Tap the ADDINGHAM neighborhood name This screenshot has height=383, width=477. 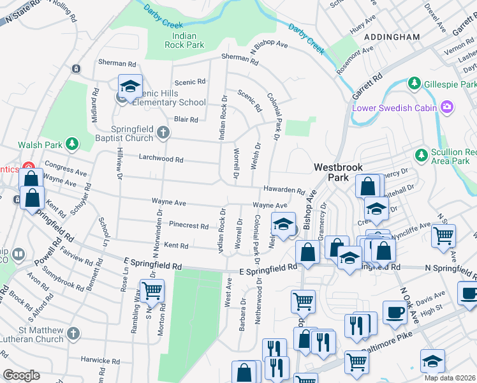392,38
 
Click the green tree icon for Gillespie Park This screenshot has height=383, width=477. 415,84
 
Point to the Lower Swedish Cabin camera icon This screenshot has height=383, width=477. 448,106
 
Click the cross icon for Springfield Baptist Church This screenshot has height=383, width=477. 163,132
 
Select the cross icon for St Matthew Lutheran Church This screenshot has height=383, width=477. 73,333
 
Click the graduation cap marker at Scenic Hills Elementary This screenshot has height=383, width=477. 129,87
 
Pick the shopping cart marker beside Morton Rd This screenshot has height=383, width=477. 152,290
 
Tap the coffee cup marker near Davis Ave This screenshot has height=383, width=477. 395,312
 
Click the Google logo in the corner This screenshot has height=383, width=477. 21,375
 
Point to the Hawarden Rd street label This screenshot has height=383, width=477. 283,190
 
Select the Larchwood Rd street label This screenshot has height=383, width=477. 161,160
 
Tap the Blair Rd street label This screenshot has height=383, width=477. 186,119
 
